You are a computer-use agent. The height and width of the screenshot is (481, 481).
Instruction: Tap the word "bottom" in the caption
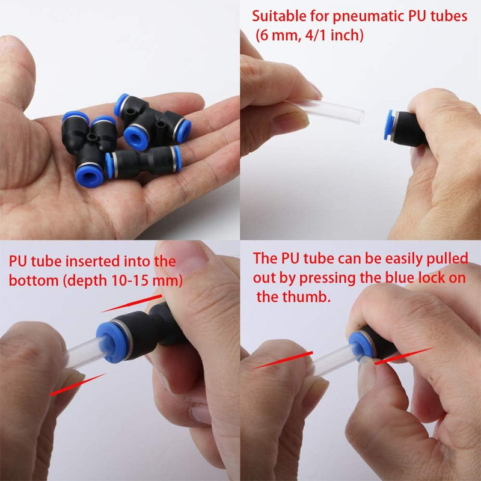tap(34, 280)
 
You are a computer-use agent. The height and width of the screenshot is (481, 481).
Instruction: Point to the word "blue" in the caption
tap(400, 278)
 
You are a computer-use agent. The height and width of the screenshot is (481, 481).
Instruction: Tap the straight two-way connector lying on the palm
tap(144, 162)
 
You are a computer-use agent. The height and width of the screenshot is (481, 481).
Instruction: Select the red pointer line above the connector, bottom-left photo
tap(132, 304)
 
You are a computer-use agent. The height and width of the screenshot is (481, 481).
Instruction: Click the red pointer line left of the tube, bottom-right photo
tap(283, 360)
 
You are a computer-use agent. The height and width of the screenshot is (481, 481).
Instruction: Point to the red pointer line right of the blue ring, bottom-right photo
tap(403, 356)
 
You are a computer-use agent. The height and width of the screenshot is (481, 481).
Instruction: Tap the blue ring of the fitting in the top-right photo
tap(389, 125)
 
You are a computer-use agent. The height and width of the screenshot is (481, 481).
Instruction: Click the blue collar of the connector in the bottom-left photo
tap(111, 343)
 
